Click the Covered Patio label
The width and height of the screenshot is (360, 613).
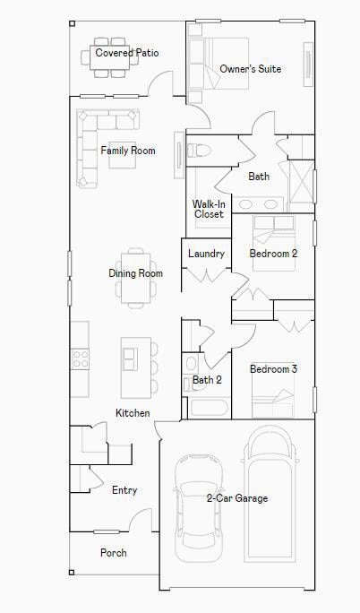coord(127,53)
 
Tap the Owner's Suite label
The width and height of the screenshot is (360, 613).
coord(250,69)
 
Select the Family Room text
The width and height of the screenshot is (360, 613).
coord(127,151)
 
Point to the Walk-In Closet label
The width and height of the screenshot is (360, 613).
coord(209,209)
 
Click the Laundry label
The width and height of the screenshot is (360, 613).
coord(206,254)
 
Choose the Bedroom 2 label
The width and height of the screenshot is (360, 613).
coord(273,254)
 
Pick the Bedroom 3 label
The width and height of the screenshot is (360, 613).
coord(273,369)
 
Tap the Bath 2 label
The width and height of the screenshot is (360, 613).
coord(207,380)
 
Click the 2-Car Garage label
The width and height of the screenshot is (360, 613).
coord(237,498)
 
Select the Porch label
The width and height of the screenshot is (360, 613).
coord(114,553)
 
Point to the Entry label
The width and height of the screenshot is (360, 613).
coord(124,490)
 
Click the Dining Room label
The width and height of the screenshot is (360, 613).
coord(135,273)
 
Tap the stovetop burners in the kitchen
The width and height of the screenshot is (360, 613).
coord(81,359)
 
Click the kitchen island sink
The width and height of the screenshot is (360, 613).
coord(130,358)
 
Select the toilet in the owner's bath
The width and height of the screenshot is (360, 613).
coord(197,150)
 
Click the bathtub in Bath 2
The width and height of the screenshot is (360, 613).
coord(209,408)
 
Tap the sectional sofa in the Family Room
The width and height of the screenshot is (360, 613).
coord(90,134)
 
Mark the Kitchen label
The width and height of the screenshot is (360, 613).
coord(133,413)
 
